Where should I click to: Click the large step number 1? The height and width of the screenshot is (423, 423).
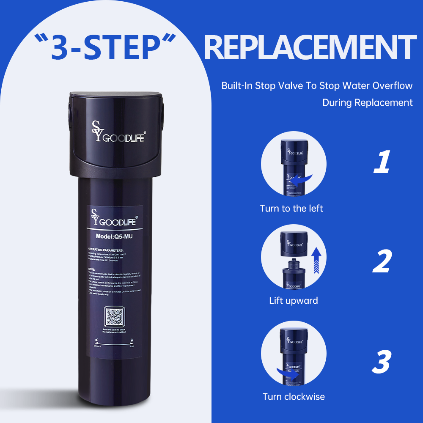pos(382,163)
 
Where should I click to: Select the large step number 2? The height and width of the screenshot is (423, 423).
pos(382,262)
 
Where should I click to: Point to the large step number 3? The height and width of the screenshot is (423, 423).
pos(382,362)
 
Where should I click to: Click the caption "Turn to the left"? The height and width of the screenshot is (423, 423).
pos(291,209)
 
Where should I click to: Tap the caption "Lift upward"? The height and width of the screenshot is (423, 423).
pos(294,301)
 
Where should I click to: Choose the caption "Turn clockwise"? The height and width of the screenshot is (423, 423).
pos(294,397)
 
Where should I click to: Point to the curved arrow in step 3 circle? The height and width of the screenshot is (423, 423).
pos(288,373)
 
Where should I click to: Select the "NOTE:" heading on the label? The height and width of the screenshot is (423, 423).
pos(92,269)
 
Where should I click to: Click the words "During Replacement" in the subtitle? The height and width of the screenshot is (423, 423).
pos(367,103)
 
